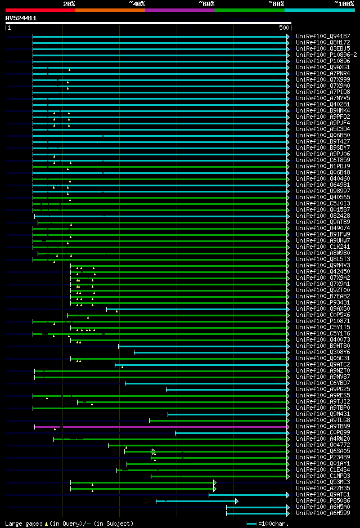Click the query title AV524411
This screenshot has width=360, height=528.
21,18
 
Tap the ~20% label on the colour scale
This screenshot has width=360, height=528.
69,3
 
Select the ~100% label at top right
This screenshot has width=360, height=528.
343,3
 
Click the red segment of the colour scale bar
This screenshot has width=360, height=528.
40,10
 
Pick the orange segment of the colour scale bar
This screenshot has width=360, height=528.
110,10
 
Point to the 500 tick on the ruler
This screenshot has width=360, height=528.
284,28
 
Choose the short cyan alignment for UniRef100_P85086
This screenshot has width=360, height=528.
197,501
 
